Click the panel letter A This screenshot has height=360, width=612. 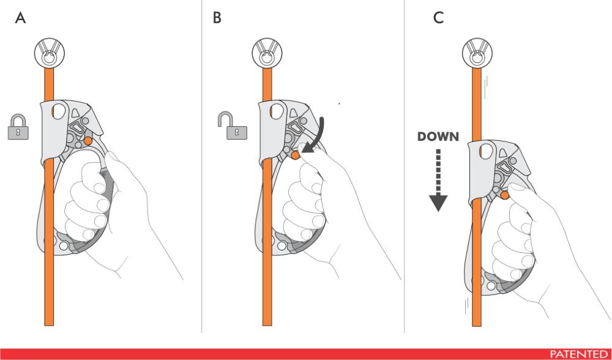pyautogui.click(x=21, y=18)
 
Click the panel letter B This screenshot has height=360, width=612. pyautogui.click(x=217, y=18)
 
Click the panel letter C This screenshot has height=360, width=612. pyautogui.click(x=438, y=18)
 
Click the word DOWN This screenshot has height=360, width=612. pyautogui.click(x=438, y=137)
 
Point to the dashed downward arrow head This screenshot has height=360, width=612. pyautogui.click(x=438, y=202)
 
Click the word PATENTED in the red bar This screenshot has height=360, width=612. pyautogui.click(x=578, y=354)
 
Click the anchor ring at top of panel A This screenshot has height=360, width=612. pyautogui.click(x=47, y=53)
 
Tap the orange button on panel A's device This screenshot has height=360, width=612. pyautogui.click(x=89, y=141)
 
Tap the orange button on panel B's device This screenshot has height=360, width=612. pyautogui.click(x=296, y=156)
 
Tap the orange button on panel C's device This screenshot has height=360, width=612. pyautogui.click(x=505, y=195)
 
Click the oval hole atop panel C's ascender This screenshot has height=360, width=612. pyautogui.click(x=487, y=150)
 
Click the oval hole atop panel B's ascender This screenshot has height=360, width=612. pyautogui.click(x=275, y=112)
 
